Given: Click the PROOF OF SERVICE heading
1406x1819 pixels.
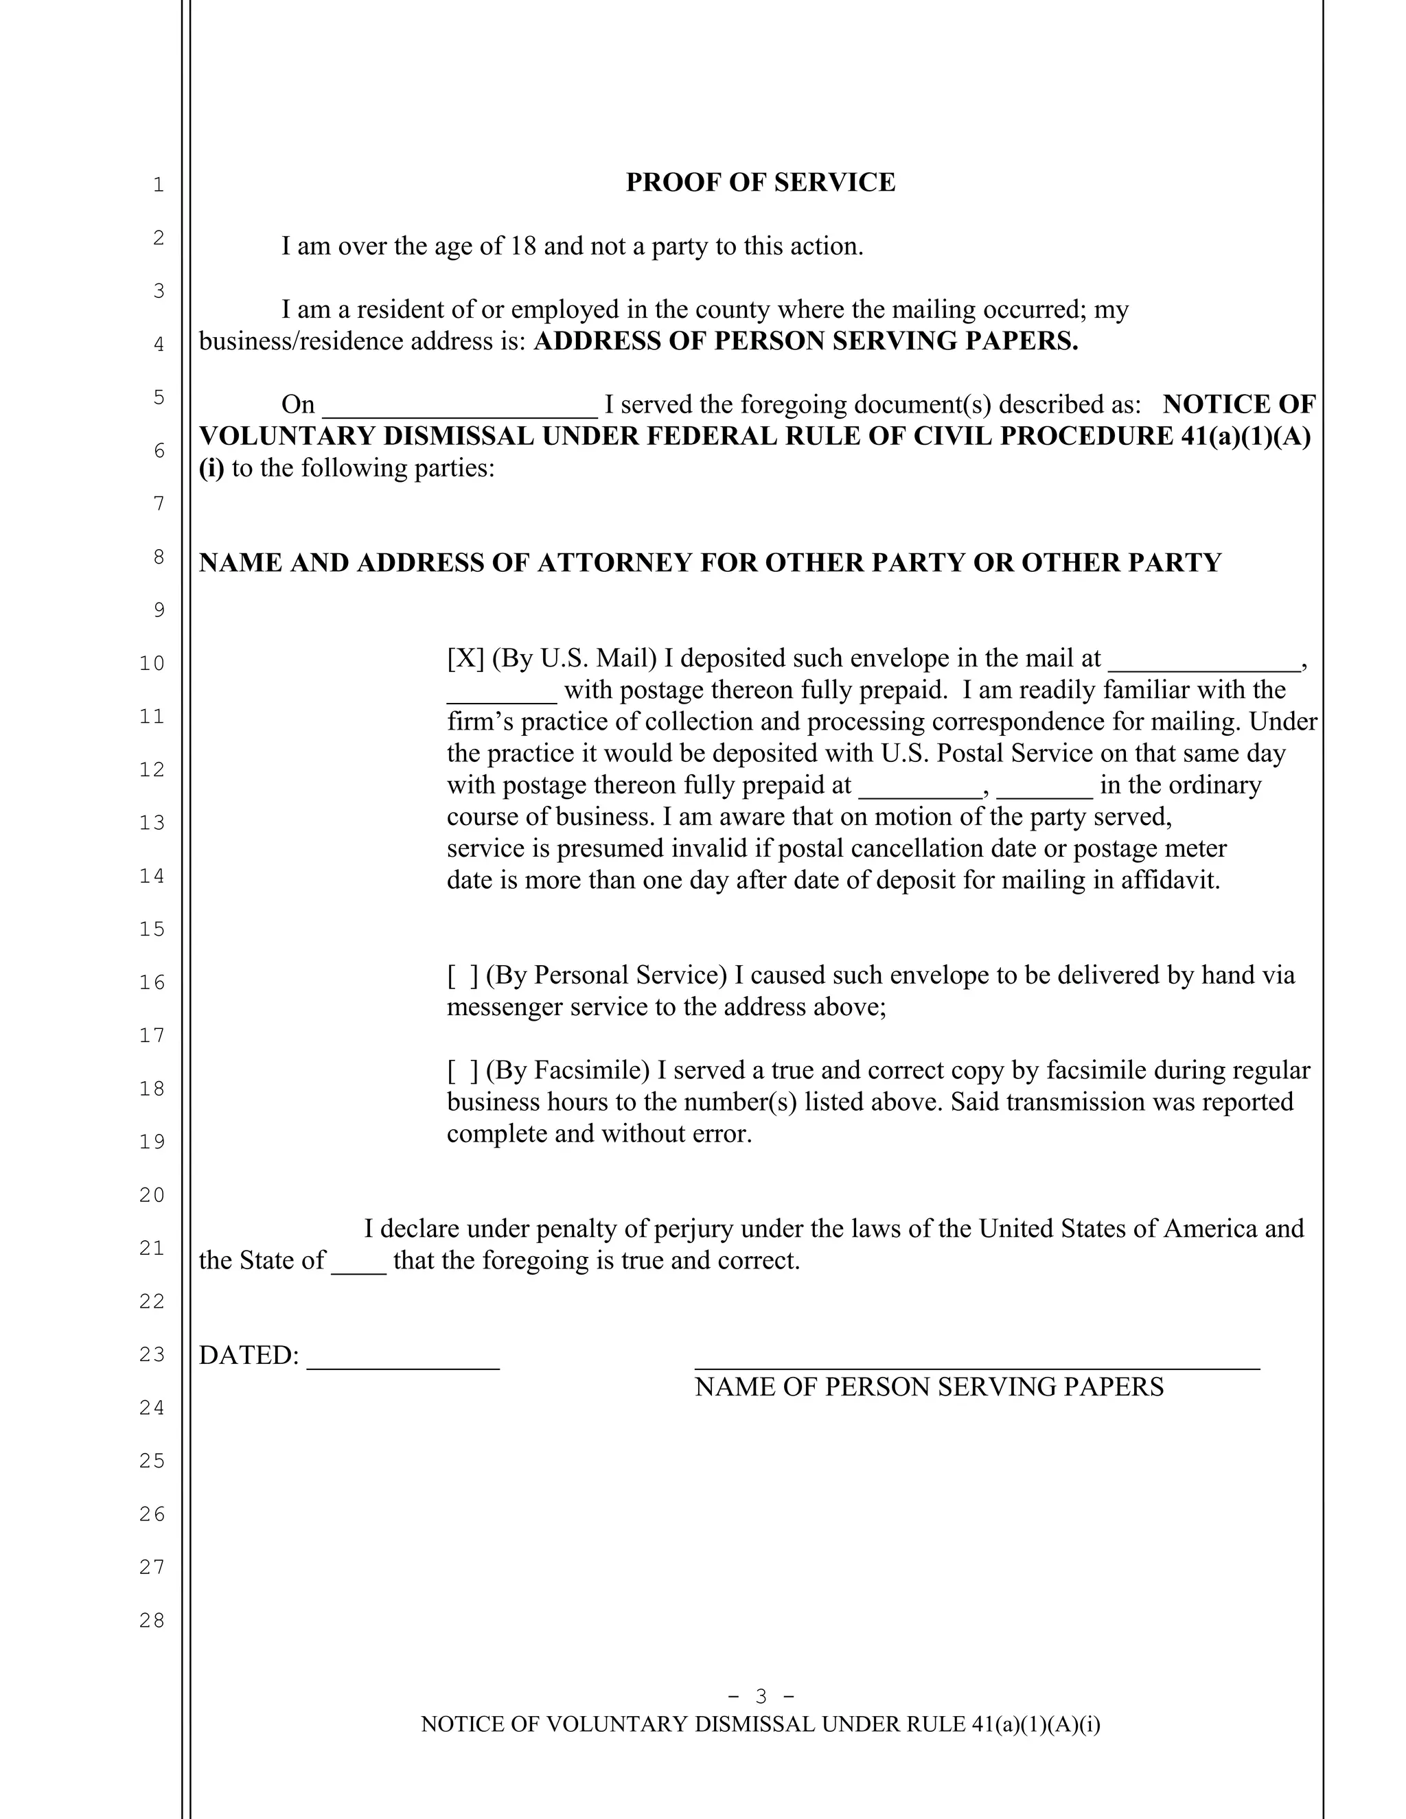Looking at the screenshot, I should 760,183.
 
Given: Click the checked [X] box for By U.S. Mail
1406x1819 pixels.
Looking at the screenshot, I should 465,659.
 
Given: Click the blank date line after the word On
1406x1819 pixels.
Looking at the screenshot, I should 459,408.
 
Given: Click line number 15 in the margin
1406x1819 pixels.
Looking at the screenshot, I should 152,929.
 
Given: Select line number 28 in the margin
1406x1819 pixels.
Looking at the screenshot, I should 152,1620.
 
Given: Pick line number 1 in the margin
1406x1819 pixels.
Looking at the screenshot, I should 159,185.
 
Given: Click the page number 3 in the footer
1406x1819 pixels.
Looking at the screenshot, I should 761,1697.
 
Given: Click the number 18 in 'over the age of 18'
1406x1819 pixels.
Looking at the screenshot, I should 522,246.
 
